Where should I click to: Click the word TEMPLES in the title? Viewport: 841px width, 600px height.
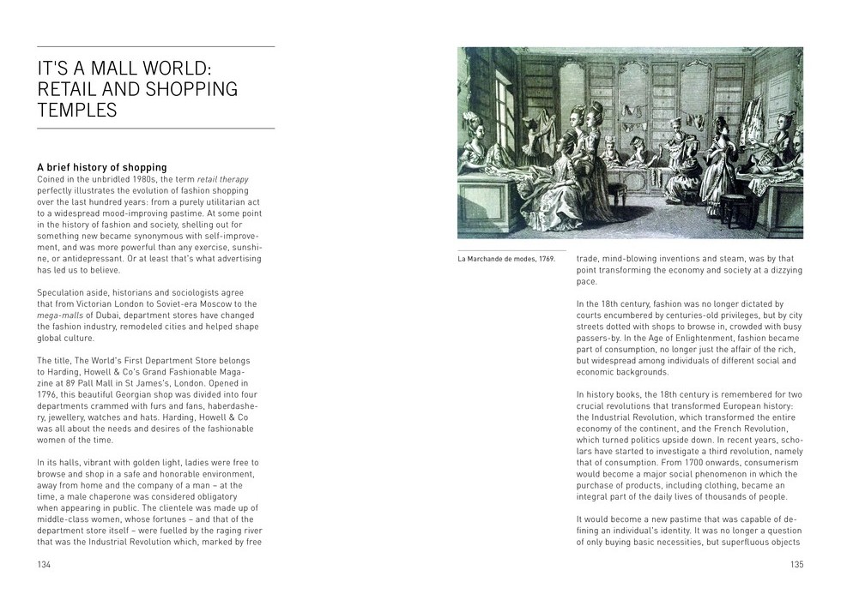point(76,110)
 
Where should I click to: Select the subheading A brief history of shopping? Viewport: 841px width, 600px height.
point(101,167)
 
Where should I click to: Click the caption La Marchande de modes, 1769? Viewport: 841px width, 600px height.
point(506,259)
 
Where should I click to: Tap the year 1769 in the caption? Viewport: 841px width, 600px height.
point(546,259)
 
